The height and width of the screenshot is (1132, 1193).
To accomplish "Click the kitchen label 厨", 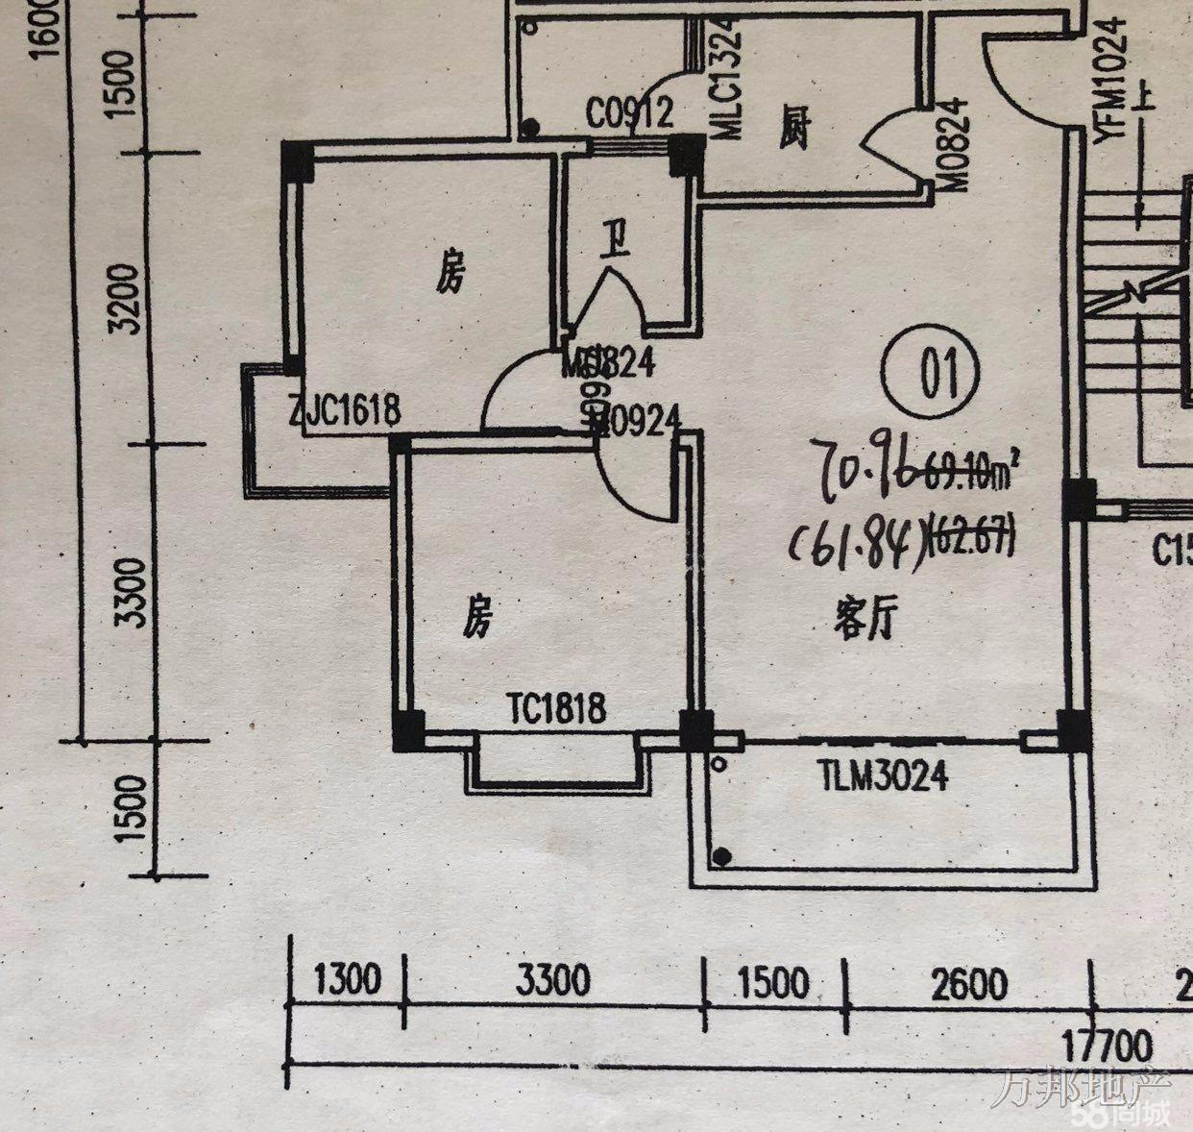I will click(x=794, y=129).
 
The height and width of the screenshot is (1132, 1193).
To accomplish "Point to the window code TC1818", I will click(x=557, y=709).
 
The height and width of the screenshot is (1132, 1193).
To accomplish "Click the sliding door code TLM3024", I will click(x=883, y=775).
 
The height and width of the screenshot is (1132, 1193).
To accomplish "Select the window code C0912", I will click(x=629, y=115).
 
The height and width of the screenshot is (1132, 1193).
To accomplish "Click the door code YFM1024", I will click(x=1111, y=78).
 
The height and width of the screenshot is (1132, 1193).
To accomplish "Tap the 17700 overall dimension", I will click(x=1106, y=1044).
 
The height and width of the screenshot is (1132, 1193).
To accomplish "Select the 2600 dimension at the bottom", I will click(x=969, y=984).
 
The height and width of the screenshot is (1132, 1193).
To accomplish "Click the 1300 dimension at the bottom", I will click(x=348, y=981).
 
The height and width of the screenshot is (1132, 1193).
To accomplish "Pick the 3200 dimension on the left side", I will click(x=125, y=298).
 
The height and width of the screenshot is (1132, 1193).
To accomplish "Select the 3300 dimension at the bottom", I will click(x=552, y=982).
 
